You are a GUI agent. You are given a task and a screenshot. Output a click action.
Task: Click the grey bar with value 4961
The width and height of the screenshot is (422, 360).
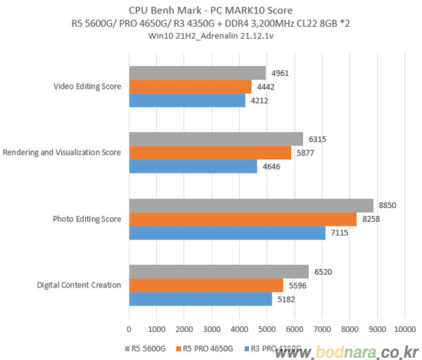(x=197, y=72)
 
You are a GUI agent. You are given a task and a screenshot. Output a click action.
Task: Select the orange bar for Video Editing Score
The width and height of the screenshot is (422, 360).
(x=190, y=86)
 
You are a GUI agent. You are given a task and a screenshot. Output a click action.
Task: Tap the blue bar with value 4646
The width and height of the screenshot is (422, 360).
(x=193, y=167)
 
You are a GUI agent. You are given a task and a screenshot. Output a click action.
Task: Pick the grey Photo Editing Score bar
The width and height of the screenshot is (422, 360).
(x=250, y=205)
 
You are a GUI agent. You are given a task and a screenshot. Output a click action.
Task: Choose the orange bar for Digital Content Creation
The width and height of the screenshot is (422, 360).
(x=205, y=285)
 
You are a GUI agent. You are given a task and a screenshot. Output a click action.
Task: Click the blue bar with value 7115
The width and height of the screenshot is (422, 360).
(x=226, y=233)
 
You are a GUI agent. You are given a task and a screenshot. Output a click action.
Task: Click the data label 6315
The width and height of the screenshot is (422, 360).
(x=319, y=139)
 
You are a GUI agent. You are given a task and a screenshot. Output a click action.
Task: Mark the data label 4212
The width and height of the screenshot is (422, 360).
(x=261, y=101)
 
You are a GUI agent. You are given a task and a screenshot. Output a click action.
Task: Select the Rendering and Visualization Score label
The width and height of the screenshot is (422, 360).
(x=62, y=153)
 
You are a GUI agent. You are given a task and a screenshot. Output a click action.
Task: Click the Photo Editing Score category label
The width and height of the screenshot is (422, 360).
(x=87, y=219)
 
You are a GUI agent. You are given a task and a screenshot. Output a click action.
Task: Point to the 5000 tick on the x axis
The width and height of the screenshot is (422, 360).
(x=267, y=328)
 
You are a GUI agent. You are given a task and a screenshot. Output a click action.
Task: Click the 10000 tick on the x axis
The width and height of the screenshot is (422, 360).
(x=404, y=328)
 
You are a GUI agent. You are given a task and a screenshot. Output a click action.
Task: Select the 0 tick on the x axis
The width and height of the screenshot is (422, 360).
(x=129, y=328)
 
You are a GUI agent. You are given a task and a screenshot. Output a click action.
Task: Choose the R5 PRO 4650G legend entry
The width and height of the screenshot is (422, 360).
(x=207, y=347)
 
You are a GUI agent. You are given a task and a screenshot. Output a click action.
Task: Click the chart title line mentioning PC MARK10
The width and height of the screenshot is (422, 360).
(x=210, y=11)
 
